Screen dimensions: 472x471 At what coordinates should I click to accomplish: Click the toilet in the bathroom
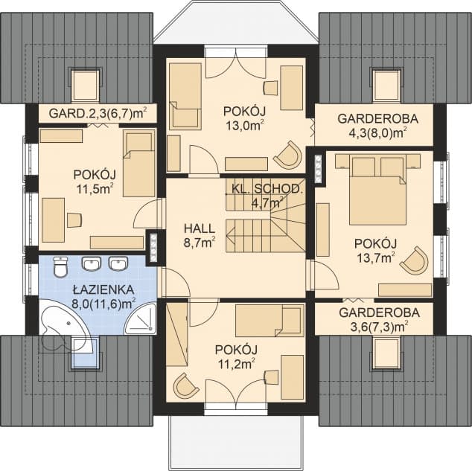tap(60, 266)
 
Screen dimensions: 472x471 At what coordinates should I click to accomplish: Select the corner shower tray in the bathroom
tap(141, 318)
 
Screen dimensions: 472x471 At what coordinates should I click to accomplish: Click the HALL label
tap(200, 228)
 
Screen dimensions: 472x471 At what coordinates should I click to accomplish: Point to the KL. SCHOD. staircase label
tap(266, 189)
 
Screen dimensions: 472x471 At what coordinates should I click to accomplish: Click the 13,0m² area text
tap(243, 124)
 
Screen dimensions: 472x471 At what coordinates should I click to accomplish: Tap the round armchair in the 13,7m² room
tap(415, 260)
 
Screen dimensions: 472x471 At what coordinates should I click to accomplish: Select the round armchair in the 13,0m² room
tap(288, 155)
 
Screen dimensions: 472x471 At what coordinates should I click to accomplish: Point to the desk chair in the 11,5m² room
tap(74, 220)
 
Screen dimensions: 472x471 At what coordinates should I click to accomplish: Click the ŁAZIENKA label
tap(103, 289)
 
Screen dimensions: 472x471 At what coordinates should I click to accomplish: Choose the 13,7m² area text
tap(376, 257)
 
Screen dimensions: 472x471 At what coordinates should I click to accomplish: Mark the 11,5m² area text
tap(95, 188)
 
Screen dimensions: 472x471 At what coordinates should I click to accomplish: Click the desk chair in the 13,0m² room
tap(270, 88)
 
